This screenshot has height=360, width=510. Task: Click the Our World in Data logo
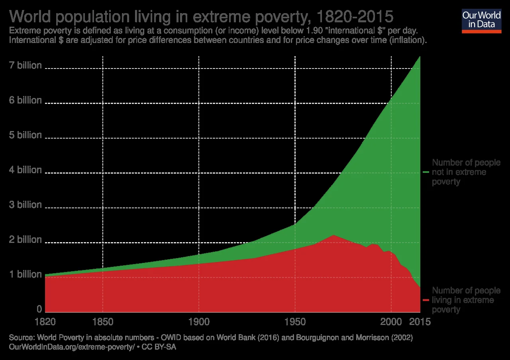(481, 20)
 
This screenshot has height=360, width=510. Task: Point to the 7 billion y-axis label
(25, 65)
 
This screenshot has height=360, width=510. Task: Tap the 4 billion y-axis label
(25, 170)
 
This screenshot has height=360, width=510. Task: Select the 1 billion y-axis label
(25, 274)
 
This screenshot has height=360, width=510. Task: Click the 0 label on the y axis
(39, 309)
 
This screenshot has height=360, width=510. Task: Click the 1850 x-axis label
(103, 322)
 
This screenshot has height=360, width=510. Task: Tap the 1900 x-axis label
(198, 322)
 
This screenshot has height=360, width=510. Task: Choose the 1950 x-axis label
(295, 322)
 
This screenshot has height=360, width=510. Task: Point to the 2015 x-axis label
(420, 322)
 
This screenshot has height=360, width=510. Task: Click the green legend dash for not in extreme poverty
(426, 172)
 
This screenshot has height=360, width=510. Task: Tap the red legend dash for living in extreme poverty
(426, 300)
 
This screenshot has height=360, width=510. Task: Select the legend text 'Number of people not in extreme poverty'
(466, 172)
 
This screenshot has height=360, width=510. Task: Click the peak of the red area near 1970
(333, 235)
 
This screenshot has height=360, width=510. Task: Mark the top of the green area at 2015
(420, 57)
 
